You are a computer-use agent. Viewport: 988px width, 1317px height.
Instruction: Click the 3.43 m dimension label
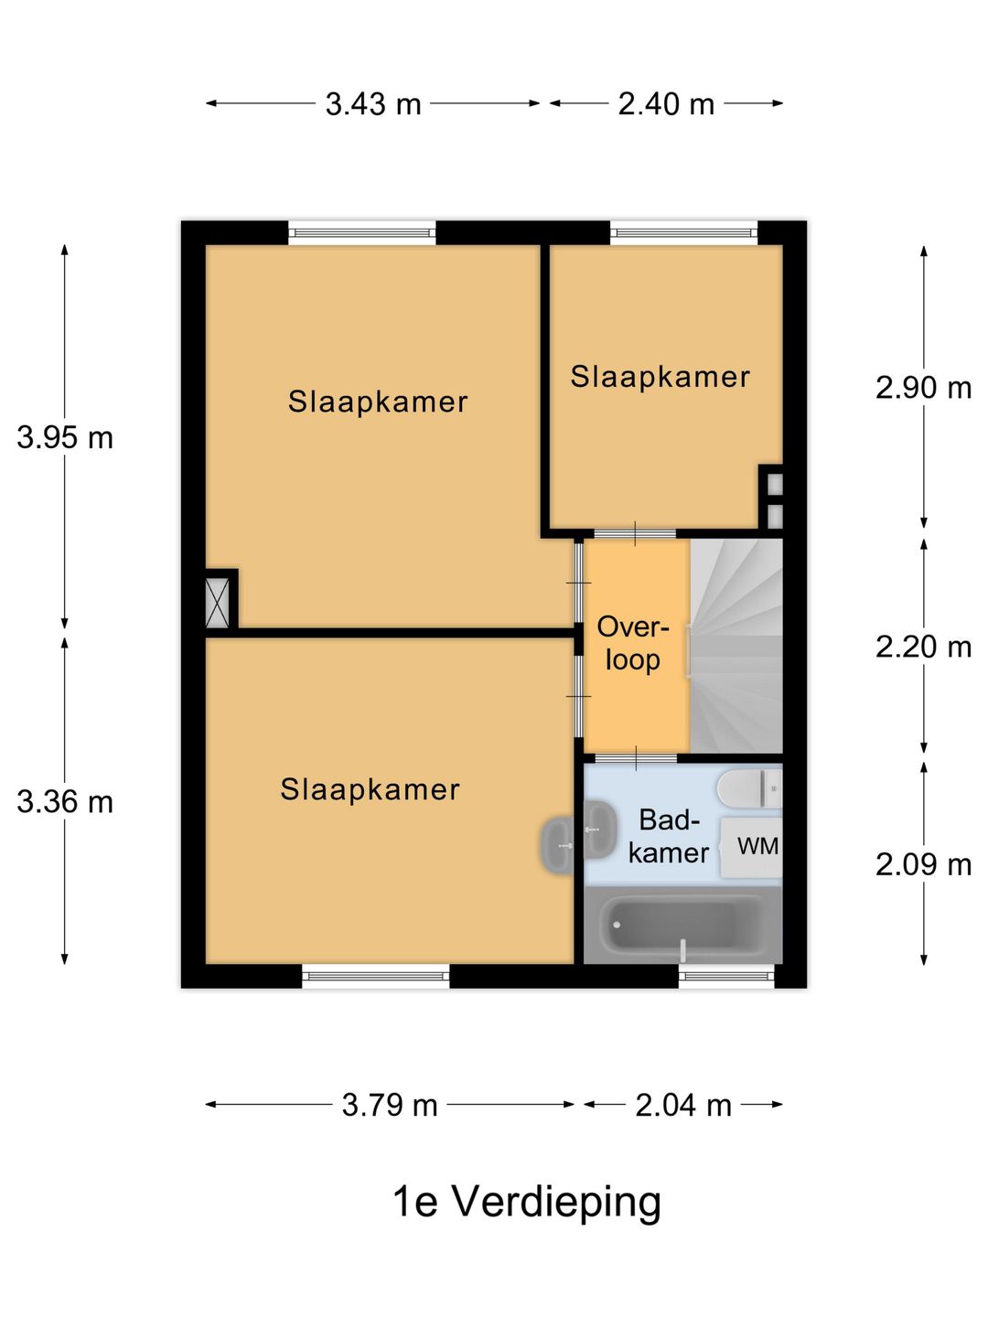click(x=373, y=104)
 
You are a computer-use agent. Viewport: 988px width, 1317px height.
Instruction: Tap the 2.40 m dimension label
click(x=666, y=104)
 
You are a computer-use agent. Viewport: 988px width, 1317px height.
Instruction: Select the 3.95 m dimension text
click(x=65, y=437)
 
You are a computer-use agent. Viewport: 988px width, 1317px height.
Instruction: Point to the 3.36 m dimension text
click(x=65, y=801)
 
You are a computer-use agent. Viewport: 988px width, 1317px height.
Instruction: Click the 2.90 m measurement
click(x=923, y=388)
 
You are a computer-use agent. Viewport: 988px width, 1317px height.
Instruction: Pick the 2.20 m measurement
click(x=923, y=647)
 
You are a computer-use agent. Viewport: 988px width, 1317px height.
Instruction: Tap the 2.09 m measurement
click(x=923, y=864)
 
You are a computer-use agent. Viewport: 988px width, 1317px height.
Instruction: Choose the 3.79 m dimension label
click(x=390, y=1105)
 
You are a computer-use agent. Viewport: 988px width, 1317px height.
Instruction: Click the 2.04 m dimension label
click(x=683, y=1105)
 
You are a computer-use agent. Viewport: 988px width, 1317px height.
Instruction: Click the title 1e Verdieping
click(x=527, y=1202)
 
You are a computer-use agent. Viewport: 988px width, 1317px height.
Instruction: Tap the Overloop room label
click(x=633, y=644)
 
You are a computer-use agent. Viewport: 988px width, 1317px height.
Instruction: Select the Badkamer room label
click(x=668, y=837)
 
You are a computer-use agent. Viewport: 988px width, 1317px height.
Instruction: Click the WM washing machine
click(x=752, y=847)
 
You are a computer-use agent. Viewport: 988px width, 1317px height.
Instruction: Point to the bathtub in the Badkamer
click(x=682, y=926)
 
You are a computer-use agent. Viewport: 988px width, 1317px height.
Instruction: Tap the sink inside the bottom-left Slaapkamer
click(x=558, y=846)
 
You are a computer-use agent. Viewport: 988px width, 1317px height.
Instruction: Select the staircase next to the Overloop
click(x=736, y=646)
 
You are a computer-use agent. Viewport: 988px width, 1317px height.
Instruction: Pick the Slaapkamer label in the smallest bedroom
click(x=660, y=378)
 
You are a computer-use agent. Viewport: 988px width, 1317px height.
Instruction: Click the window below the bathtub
click(x=726, y=976)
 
